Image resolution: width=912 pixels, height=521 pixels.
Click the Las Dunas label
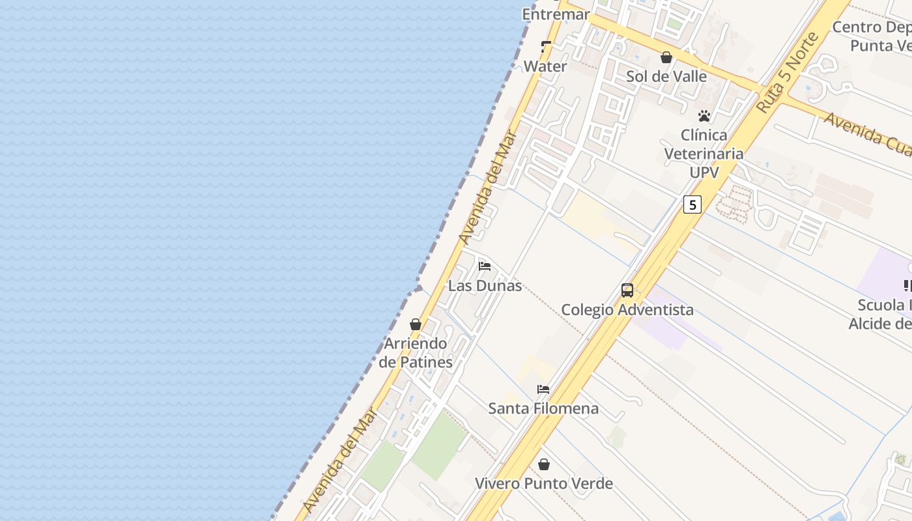pyautogui.click(x=485, y=285)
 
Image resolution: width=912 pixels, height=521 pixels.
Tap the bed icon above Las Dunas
pyautogui.click(x=485, y=266)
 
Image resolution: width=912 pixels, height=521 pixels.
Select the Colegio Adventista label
pyautogui.click(x=627, y=309)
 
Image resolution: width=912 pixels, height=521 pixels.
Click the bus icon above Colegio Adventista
pyautogui.click(x=627, y=290)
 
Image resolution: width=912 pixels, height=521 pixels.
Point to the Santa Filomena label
pyautogui.click(x=543, y=408)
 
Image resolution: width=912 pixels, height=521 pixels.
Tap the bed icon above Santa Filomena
pyautogui.click(x=543, y=389)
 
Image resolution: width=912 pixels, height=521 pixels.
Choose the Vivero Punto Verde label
pyautogui.click(x=544, y=483)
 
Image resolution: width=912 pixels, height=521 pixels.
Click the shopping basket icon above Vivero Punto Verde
pyautogui.click(x=544, y=464)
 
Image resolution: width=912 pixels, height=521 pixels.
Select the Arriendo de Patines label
pyautogui.click(x=416, y=353)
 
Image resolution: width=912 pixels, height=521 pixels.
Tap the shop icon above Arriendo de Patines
pyautogui.click(x=416, y=324)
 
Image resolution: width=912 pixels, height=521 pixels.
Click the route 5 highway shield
pyautogui.click(x=692, y=204)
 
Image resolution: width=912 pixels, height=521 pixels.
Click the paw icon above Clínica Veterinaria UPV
pyautogui.click(x=704, y=116)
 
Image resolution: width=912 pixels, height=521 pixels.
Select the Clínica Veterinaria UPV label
pyautogui.click(x=704, y=154)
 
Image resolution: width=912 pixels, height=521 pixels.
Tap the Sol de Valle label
pyautogui.click(x=666, y=76)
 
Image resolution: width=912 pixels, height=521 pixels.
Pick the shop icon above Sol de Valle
pyautogui.click(x=666, y=57)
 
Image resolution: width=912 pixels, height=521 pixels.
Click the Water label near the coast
pyautogui.click(x=545, y=66)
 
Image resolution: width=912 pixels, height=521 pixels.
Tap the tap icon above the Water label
pyautogui.click(x=546, y=47)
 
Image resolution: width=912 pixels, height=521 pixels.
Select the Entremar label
pyautogui.click(x=556, y=14)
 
